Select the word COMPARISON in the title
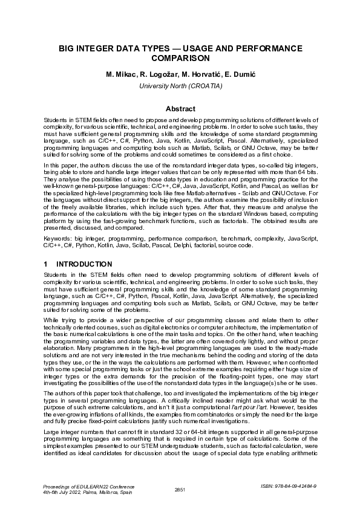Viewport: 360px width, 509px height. pos(180,59)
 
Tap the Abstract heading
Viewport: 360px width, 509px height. pos(180,109)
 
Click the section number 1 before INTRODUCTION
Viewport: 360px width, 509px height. pos(46,264)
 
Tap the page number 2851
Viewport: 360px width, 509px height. pos(180,489)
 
